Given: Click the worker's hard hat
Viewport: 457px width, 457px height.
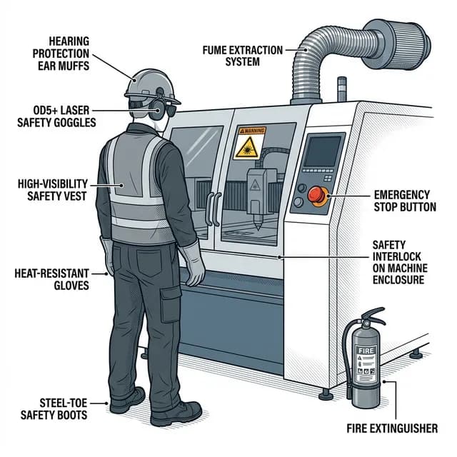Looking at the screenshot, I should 148,84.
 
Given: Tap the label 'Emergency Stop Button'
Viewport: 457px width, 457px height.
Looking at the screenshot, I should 401,201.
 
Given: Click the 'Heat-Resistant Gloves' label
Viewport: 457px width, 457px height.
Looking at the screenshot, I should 51,278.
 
